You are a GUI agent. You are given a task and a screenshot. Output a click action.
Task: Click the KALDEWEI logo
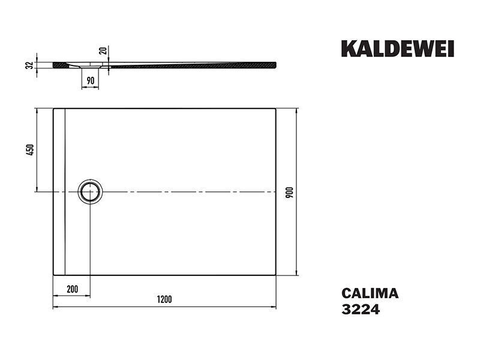tap(397, 49)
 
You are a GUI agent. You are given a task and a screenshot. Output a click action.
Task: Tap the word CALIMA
tap(370, 293)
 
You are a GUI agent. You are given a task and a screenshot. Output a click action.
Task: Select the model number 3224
tap(361, 309)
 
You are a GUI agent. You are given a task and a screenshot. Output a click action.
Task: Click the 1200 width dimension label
tap(164, 299)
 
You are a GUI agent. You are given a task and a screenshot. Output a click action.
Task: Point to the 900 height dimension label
tap(289, 192)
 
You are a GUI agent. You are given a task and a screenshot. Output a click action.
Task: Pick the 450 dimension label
tap(29, 149)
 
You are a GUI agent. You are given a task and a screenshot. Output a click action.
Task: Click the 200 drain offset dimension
tap(72, 289)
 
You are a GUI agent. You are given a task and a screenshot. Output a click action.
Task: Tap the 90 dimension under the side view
tap(91, 81)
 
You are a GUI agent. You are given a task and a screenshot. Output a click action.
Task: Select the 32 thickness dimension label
tap(29, 65)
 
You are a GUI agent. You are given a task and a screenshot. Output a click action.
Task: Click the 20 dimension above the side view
tap(103, 50)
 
